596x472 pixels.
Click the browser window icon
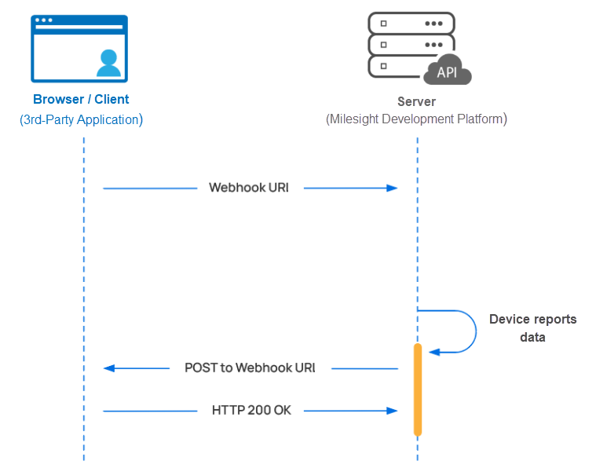(x=79, y=49)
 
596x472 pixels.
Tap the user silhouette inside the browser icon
(x=109, y=64)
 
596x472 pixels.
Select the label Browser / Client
(x=81, y=100)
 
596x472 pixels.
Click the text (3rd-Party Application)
(x=81, y=120)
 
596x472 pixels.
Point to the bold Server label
(x=416, y=102)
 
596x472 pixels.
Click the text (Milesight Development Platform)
(x=416, y=119)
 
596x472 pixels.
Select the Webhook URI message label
(x=249, y=188)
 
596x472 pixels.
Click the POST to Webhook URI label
(x=250, y=368)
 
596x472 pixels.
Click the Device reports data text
(x=532, y=327)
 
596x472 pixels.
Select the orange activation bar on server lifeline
(x=418, y=390)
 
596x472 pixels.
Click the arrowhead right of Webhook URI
(x=391, y=188)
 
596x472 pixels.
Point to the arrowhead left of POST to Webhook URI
(x=109, y=368)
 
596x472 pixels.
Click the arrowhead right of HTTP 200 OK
(x=391, y=410)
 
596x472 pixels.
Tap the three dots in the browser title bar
(x=45, y=20)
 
